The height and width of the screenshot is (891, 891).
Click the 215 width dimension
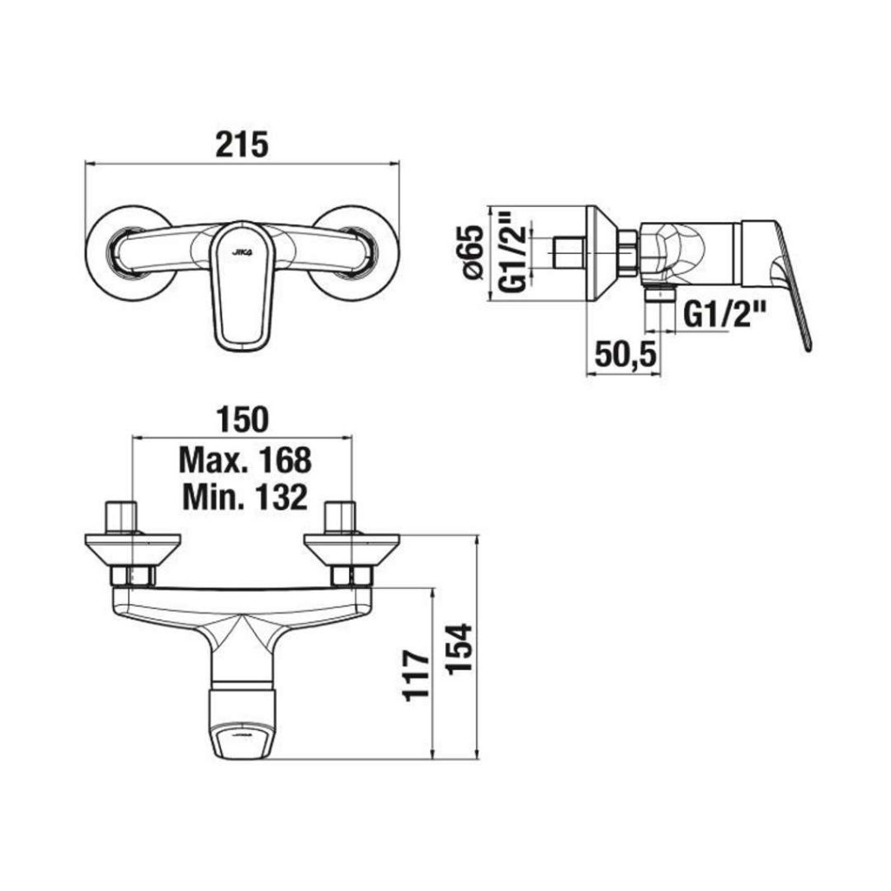tap(242, 144)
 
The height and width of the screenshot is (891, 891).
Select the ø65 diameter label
tap(472, 252)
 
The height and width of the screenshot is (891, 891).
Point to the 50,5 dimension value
tap(626, 355)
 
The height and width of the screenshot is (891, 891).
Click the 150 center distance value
tap(242, 420)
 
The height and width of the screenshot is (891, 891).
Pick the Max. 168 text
tap(245, 459)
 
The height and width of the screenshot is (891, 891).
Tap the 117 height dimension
tap(417, 675)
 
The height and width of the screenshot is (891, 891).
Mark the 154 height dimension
tap(459, 649)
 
